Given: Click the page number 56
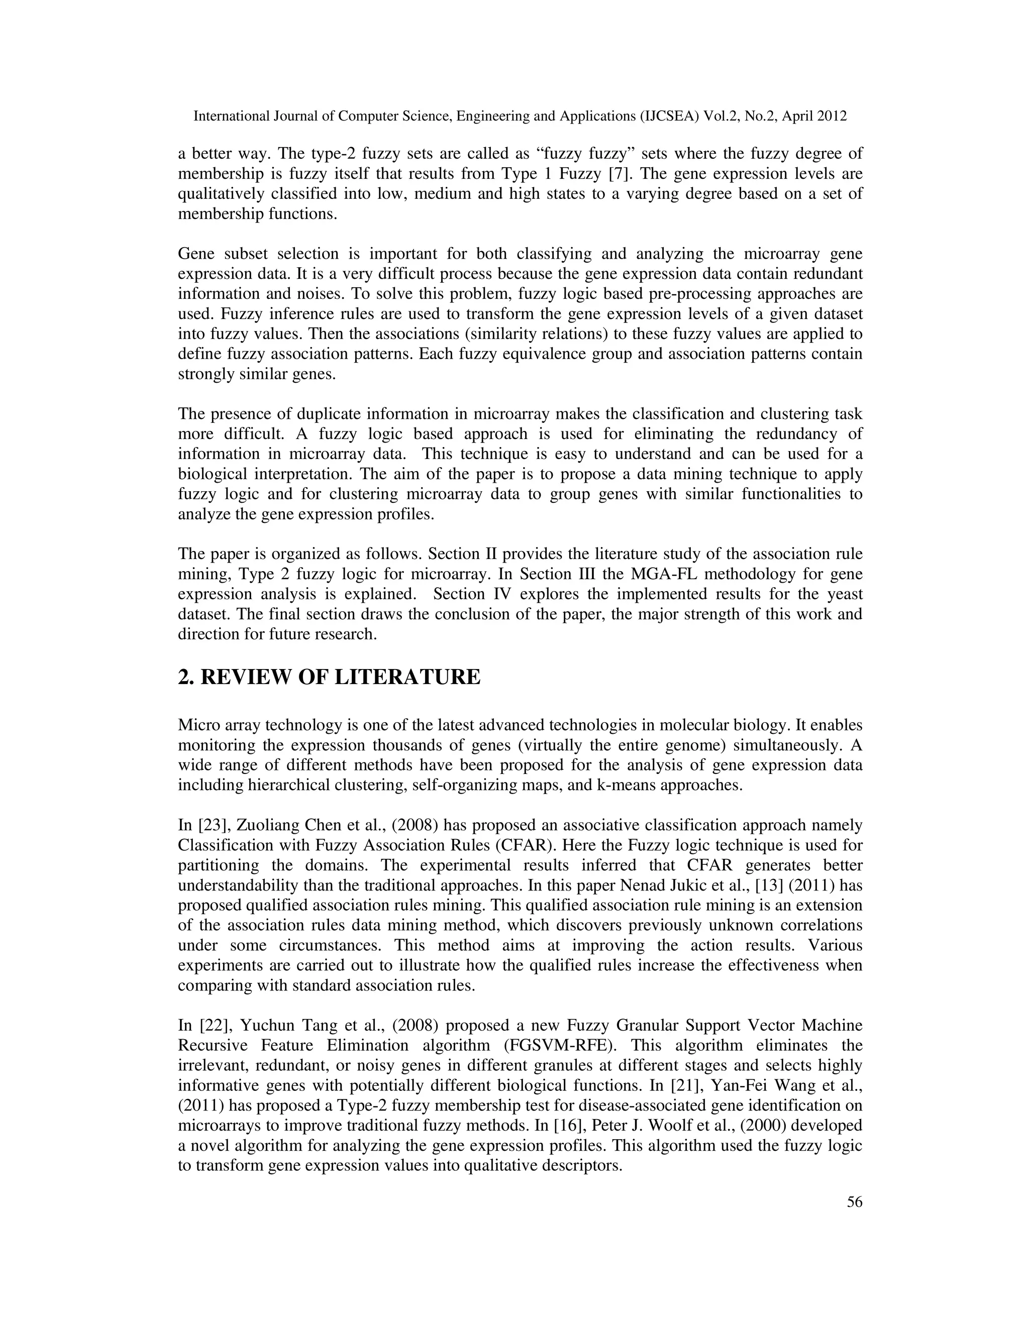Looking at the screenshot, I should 855,1202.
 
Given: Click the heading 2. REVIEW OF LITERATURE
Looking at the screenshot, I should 329,677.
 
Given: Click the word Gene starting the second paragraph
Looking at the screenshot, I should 197,254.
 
